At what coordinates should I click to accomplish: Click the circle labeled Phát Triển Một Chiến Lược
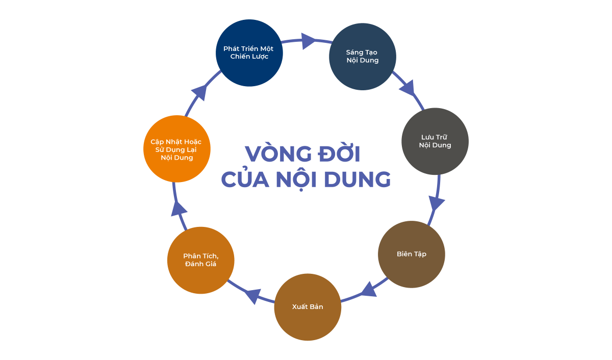(x=249, y=53)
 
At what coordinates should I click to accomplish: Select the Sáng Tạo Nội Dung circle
(x=363, y=57)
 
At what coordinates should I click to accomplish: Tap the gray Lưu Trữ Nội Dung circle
(x=435, y=141)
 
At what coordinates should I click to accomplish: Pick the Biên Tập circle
(x=412, y=254)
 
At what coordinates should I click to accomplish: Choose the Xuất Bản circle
(x=308, y=307)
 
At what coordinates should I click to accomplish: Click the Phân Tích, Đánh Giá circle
(x=201, y=260)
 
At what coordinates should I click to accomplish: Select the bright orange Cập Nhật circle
(x=177, y=149)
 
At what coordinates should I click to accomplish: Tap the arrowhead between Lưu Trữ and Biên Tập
(x=436, y=203)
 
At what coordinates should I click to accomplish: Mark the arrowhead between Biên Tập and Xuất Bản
(x=369, y=290)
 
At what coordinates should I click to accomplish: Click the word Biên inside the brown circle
(x=404, y=254)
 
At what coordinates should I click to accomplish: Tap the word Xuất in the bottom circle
(x=300, y=307)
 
